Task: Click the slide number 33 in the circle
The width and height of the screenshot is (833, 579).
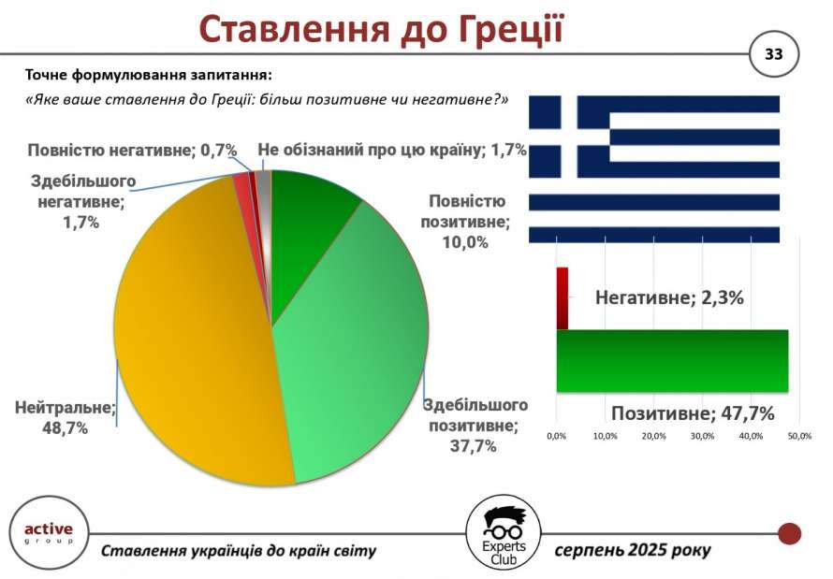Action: pos(773,54)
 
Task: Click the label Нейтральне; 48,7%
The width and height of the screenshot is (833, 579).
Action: pos(65,418)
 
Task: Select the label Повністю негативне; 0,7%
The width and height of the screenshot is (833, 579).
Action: pos(132,151)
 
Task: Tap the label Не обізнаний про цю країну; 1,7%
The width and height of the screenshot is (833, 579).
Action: pos(392,151)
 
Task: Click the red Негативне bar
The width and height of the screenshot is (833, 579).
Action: pos(563,297)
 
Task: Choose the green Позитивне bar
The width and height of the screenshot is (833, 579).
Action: pos(672,361)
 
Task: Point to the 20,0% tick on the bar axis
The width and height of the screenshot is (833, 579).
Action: pos(653,436)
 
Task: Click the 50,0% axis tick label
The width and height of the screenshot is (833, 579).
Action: pos(799,436)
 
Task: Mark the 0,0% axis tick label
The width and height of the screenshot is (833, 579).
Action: pos(556,436)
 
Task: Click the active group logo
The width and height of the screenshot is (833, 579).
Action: pos(49,533)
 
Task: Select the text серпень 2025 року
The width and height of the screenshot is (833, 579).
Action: pos(633,550)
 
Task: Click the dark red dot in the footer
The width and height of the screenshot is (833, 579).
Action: pos(789,533)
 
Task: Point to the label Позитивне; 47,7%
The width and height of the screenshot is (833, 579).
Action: pos(693,413)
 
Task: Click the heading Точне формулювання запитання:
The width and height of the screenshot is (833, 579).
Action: pos(149,76)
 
